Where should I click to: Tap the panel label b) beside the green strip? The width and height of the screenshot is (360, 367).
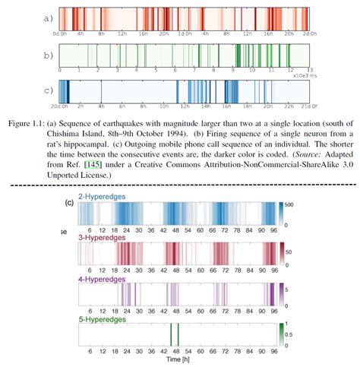tap(47, 55)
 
